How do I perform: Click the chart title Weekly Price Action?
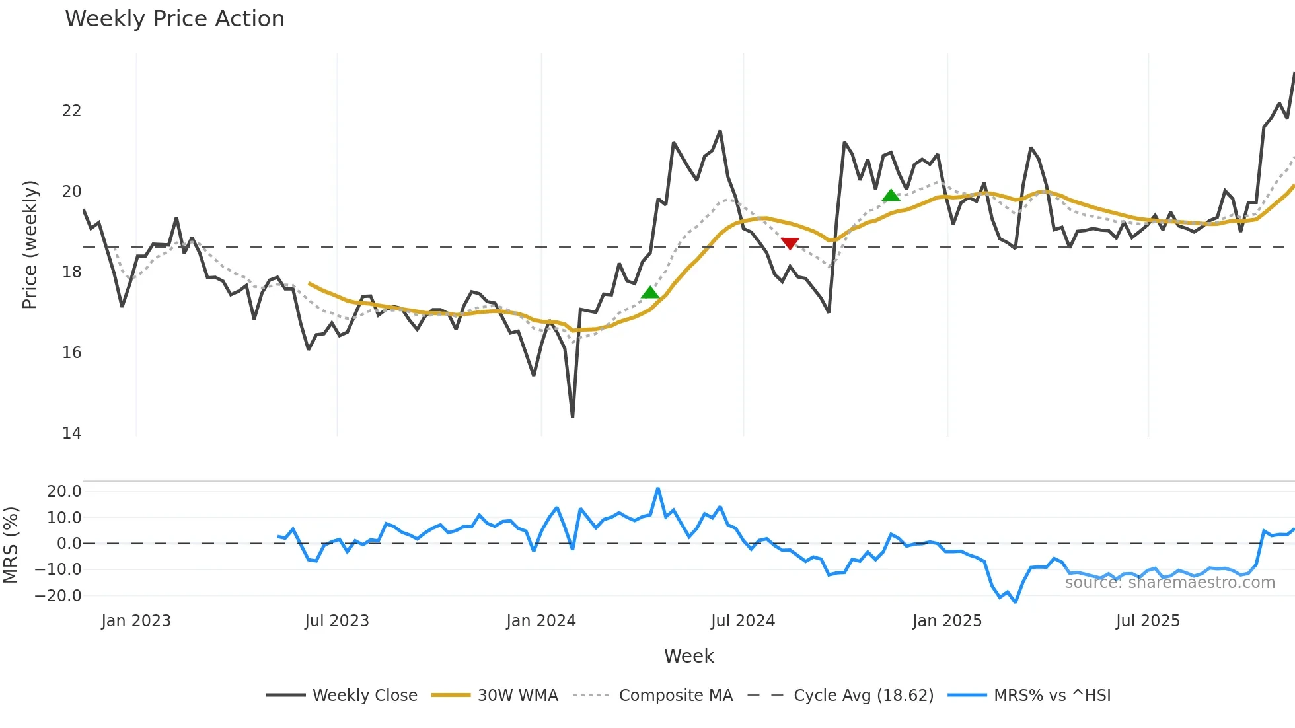click(x=174, y=19)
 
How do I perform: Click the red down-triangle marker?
click(x=790, y=243)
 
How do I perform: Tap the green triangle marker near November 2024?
click(x=891, y=196)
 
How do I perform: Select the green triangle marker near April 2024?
click(x=650, y=293)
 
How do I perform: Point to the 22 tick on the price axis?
click(x=71, y=111)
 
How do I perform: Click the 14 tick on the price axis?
click(x=71, y=433)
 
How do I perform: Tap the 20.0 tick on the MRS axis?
click(x=64, y=491)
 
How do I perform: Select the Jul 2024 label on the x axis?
click(x=743, y=621)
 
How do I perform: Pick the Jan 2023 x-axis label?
click(x=136, y=621)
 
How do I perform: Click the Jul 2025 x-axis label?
click(x=1148, y=621)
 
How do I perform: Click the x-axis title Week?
click(x=688, y=656)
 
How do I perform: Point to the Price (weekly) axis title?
click(x=30, y=244)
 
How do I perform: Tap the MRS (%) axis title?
click(x=11, y=545)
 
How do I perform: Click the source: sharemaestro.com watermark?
click(x=1169, y=583)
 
